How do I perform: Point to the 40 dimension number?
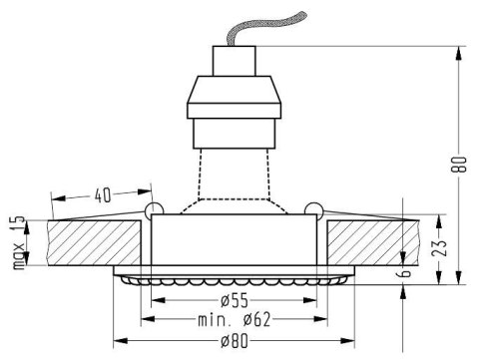103,195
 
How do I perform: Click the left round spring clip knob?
153,210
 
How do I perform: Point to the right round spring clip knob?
313,210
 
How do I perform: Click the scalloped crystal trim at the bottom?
234,279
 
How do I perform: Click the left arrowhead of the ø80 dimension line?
118,342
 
